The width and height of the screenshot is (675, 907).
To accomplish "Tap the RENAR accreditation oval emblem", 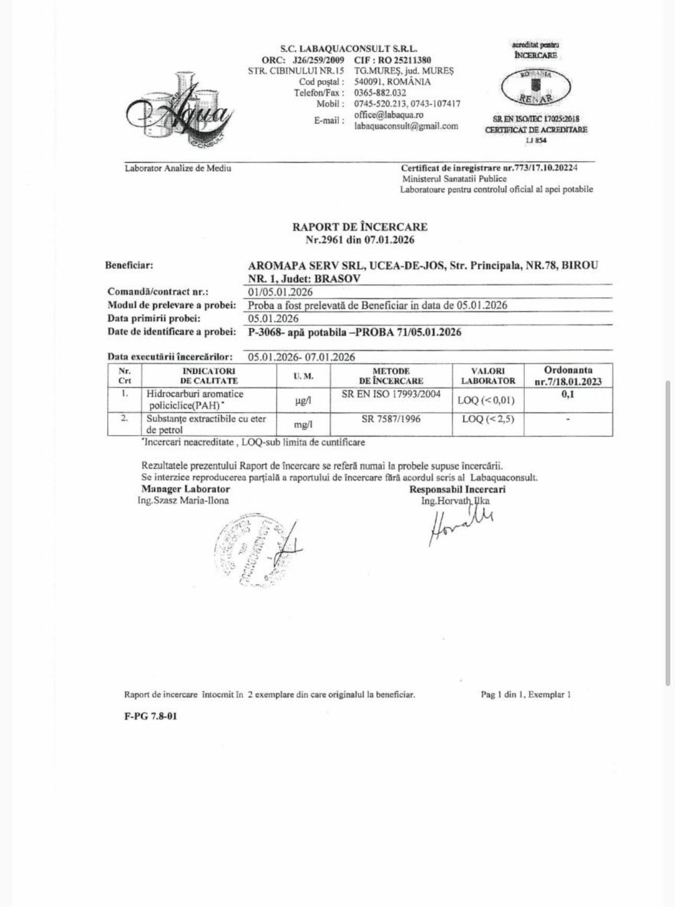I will [x=536, y=87].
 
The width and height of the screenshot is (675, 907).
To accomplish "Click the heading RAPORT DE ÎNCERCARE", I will [x=359, y=227].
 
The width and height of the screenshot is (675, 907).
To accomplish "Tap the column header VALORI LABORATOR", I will [x=488, y=376].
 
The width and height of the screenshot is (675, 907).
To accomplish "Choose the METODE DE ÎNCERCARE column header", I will [x=391, y=376].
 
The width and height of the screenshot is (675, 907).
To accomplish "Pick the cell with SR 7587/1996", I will [x=391, y=419].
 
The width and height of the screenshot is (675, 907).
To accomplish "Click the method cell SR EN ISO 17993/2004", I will [x=391, y=394].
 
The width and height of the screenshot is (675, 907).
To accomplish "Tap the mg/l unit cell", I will [x=303, y=424].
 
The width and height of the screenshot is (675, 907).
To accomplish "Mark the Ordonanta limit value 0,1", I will [x=568, y=394].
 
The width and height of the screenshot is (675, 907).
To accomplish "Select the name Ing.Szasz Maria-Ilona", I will [x=183, y=500].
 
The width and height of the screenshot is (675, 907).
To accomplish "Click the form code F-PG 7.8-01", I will [x=151, y=716].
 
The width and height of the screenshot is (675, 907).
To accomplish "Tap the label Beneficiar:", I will [x=129, y=265].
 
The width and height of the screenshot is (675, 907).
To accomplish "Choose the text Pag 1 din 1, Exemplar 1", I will [x=525, y=695].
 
